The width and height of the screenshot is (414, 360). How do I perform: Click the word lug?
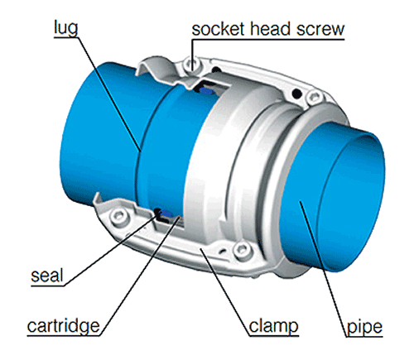click(66, 28)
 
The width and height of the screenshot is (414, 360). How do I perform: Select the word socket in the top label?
click(218, 29)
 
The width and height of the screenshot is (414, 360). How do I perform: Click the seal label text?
click(47, 276)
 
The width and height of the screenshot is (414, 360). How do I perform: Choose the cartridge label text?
click(63, 326)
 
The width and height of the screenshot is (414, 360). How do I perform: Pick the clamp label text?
click(273, 326)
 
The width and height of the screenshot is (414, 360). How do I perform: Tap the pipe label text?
click(364, 327)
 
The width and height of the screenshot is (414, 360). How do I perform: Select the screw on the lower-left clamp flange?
click(118, 215)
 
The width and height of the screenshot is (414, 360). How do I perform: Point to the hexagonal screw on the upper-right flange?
click(314, 97)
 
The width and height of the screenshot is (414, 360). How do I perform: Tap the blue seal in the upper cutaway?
click(206, 90)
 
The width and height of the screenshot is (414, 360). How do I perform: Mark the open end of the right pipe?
click(350, 203)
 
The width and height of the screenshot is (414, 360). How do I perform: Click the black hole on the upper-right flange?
click(296, 94)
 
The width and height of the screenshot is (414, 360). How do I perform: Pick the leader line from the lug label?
click(109, 94)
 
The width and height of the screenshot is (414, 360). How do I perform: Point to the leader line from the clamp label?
click(225, 292)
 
